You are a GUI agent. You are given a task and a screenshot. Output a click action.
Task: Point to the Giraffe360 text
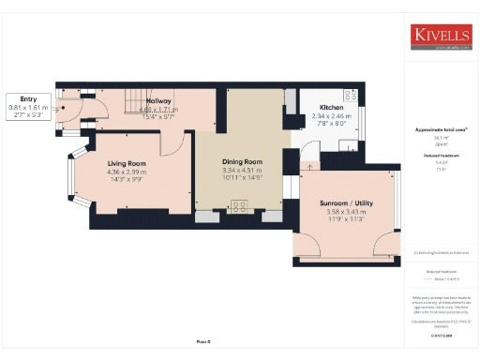(441, 333)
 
